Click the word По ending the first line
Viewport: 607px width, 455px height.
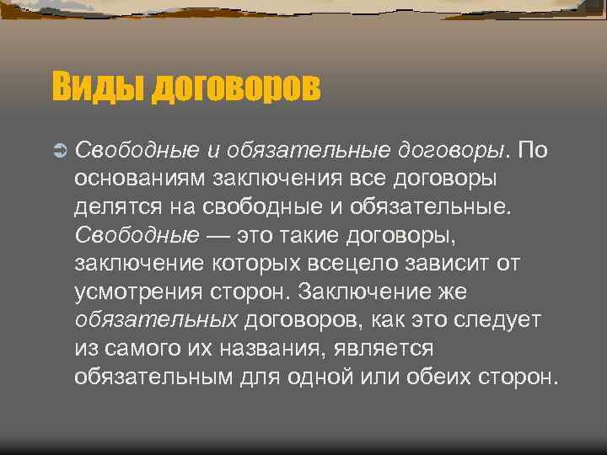[533, 151]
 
